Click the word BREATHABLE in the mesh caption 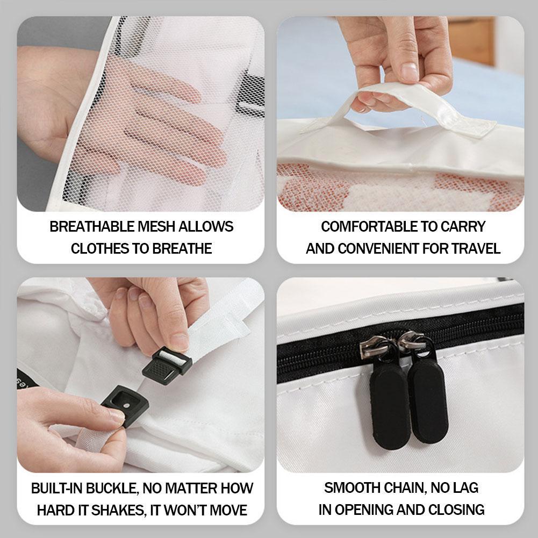point(92,227)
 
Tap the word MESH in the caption point(156,227)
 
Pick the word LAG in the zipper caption point(465,488)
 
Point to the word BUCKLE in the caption point(112,488)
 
